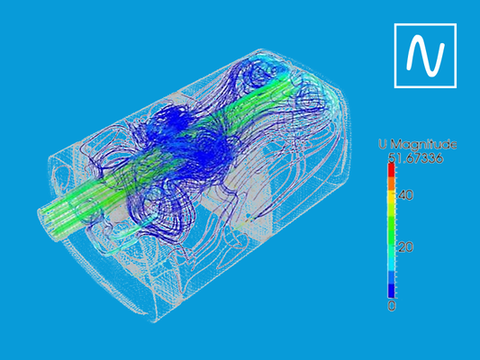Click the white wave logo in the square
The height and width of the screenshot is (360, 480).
(426, 56)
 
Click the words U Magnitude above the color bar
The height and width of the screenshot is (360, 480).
(417, 144)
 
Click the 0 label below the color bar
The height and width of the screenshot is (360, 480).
(391, 306)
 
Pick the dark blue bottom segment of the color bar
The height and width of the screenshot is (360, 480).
(392, 290)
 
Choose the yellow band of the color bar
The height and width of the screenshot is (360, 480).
(392, 199)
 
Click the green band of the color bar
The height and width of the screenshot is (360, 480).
(392, 225)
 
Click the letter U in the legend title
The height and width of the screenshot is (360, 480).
(382, 144)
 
